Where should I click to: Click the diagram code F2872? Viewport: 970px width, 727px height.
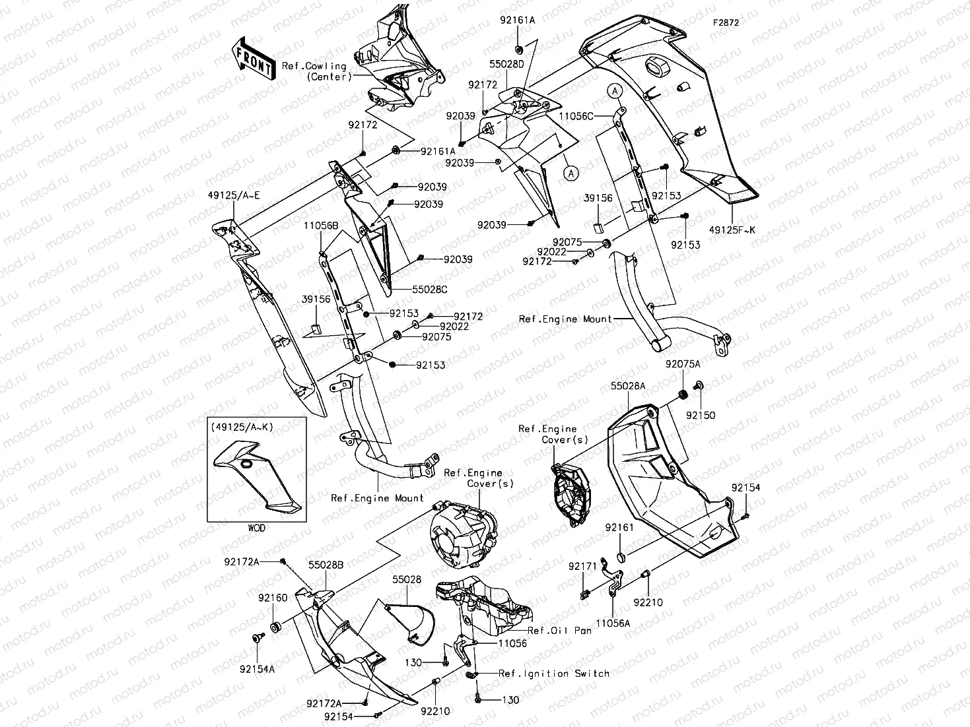(725, 22)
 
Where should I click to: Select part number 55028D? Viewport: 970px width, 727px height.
(506, 65)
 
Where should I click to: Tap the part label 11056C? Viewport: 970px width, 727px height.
(576, 116)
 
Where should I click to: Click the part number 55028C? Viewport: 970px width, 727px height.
(430, 289)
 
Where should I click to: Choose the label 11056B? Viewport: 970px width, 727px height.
(321, 226)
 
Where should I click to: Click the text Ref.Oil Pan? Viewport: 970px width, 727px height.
(559, 631)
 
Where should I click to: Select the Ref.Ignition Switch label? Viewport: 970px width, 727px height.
(553, 674)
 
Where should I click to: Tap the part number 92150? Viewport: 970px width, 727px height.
(700, 416)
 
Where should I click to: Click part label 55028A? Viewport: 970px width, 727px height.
(628, 386)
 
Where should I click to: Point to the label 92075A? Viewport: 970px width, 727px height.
(683, 364)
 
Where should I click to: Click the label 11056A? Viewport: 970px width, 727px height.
(613, 622)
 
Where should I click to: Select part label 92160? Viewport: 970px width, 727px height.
(273, 598)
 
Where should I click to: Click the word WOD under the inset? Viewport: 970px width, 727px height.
(258, 528)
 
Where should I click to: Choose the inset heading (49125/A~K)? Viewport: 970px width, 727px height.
(242, 427)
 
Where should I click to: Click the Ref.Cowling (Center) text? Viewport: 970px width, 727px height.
(314, 71)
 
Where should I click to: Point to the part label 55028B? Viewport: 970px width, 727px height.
(326, 565)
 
